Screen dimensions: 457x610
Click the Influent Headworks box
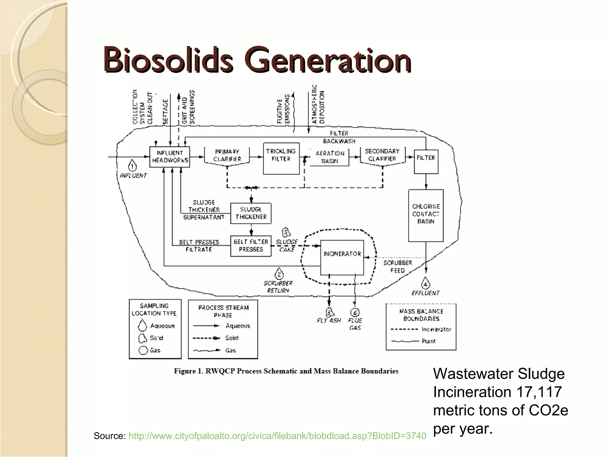[x=169, y=157]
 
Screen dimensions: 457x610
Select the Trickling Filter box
[x=281, y=159]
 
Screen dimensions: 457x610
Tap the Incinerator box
[x=342, y=257]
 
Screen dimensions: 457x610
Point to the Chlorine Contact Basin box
[x=426, y=215]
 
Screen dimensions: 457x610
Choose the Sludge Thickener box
[x=251, y=213]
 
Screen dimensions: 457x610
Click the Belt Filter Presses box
[x=251, y=246]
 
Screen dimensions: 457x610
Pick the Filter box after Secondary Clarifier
[x=426, y=161]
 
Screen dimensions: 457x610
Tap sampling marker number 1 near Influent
[x=132, y=166]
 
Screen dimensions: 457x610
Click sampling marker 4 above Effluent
[x=425, y=284]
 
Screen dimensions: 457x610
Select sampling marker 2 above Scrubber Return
[x=279, y=274]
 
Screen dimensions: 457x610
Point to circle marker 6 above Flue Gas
[x=355, y=313]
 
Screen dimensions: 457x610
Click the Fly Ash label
[x=329, y=320]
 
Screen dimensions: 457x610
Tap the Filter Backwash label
[x=339, y=137]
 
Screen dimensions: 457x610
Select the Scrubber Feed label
[x=398, y=267]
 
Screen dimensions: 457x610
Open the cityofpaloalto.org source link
[x=277, y=436]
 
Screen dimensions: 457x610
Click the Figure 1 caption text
[x=286, y=371]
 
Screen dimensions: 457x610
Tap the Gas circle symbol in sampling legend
[x=143, y=350]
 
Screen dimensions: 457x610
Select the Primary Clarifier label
[x=227, y=155]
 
